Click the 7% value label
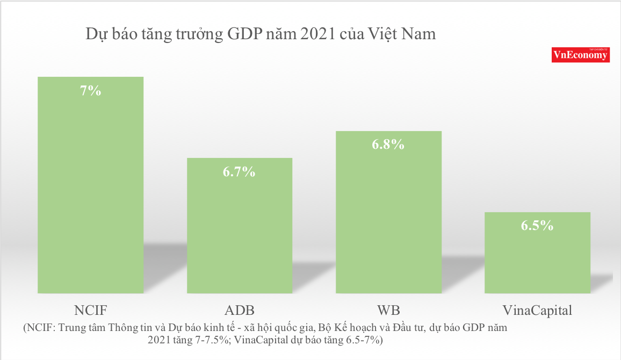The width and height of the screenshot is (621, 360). point(90,91)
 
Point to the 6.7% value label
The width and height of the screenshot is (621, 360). point(240,172)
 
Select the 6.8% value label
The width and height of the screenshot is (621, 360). point(388,145)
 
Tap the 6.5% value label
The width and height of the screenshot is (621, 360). point(537,226)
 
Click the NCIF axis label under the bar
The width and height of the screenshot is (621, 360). point(90,311)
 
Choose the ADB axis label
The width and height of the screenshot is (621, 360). point(240,311)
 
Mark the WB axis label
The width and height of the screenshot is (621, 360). point(388,311)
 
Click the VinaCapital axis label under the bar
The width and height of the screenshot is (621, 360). point(537,311)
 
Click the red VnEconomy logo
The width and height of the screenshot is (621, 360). point(580,55)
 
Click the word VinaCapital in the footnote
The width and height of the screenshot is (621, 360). point(262,340)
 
